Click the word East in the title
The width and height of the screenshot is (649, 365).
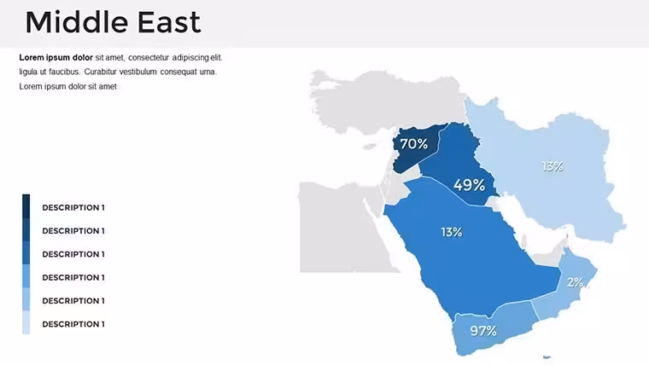(x=169, y=22)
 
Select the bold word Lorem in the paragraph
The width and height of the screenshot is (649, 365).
(x=32, y=57)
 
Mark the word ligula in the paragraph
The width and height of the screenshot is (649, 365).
(x=27, y=72)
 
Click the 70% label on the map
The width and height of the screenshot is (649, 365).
(x=414, y=144)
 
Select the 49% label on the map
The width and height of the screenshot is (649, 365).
(x=469, y=185)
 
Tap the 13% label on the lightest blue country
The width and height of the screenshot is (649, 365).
(x=553, y=166)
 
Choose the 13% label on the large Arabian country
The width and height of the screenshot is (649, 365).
(x=452, y=232)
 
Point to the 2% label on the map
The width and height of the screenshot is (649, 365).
(x=576, y=282)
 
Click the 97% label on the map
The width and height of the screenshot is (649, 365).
(x=483, y=331)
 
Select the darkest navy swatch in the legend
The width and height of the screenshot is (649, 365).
(x=26, y=206)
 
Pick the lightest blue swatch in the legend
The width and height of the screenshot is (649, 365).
(x=26, y=322)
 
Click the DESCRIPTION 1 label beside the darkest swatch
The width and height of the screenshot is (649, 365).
(x=73, y=207)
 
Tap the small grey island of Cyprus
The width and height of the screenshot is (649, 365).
(x=369, y=146)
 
